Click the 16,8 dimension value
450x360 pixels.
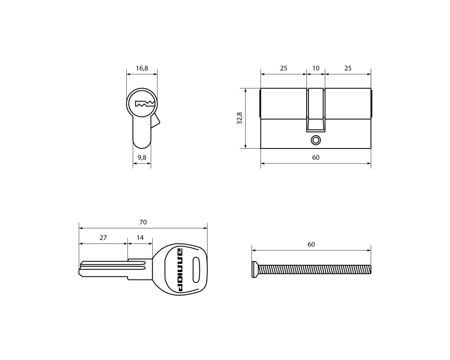point(142,68)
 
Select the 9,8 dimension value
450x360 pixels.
point(142,157)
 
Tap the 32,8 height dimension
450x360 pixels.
point(239,118)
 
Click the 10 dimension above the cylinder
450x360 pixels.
point(316,68)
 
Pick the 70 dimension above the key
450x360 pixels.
point(143,222)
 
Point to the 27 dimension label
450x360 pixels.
point(103,238)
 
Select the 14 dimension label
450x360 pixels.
point(140,238)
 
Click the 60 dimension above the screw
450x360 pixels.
point(311,244)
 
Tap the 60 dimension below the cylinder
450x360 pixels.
point(316,157)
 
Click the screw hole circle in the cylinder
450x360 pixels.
point(316,140)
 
